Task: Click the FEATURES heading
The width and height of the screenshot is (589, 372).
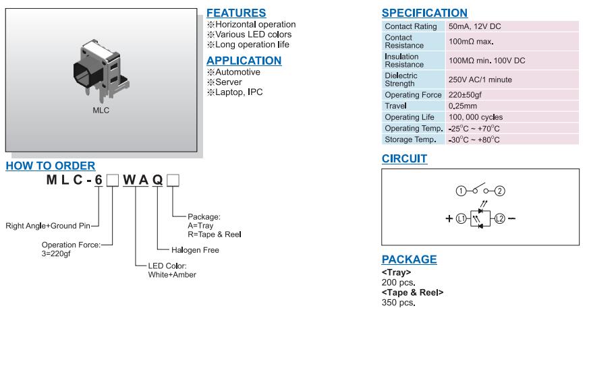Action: pyautogui.click(x=235, y=13)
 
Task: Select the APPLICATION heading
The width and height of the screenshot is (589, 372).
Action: pyautogui.click(x=244, y=60)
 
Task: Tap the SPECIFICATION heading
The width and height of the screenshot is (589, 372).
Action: pyautogui.click(x=424, y=13)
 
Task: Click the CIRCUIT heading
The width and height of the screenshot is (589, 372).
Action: pyautogui.click(x=404, y=158)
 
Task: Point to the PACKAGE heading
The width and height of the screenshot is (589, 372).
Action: pyautogui.click(x=409, y=259)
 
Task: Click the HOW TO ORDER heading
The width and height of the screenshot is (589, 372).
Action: pyautogui.click(x=51, y=166)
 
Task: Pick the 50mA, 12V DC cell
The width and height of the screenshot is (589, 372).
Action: pyautogui.click(x=475, y=26)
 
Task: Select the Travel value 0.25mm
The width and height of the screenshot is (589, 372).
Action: pyautogui.click(x=463, y=106)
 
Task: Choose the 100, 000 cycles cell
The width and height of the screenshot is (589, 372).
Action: pyautogui.click(x=476, y=117)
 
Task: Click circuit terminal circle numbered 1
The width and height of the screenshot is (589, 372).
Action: pyautogui.click(x=461, y=191)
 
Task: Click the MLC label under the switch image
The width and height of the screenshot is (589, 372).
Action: pyautogui.click(x=101, y=111)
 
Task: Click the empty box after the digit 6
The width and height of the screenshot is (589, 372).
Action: pyautogui.click(x=113, y=179)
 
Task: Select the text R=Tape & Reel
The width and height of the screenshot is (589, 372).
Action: pyautogui.click(x=214, y=235)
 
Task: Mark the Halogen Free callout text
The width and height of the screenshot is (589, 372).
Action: pyautogui.click(x=190, y=250)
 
